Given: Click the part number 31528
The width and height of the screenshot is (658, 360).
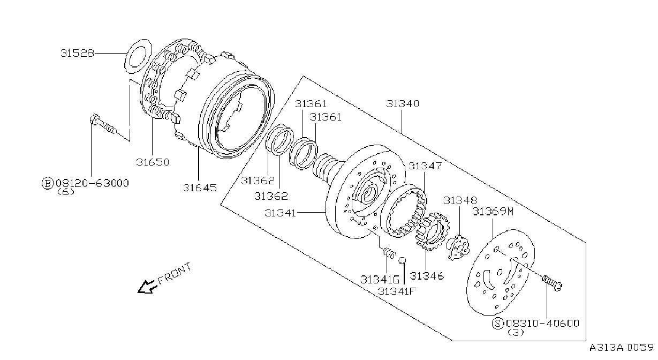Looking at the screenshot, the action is [x=77, y=53].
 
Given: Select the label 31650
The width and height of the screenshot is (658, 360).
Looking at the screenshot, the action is [x=153, y=162].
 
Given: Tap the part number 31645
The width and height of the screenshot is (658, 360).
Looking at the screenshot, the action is [x=200, y=187].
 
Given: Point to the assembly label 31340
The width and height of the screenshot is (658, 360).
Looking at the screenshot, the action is [x=403, y=103].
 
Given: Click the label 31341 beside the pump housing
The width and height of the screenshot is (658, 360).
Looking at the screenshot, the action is [x=280, y=213].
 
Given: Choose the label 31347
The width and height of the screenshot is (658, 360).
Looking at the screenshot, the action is [x=425, y=166].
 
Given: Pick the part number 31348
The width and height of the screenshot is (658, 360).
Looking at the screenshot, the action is [x=460, y=200].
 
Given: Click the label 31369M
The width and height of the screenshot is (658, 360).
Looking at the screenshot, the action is [x=493, y=211].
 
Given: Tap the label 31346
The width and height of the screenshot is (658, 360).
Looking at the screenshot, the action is [x=427, y=276].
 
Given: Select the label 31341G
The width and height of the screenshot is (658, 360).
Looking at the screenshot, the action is [x=380, y=280].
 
